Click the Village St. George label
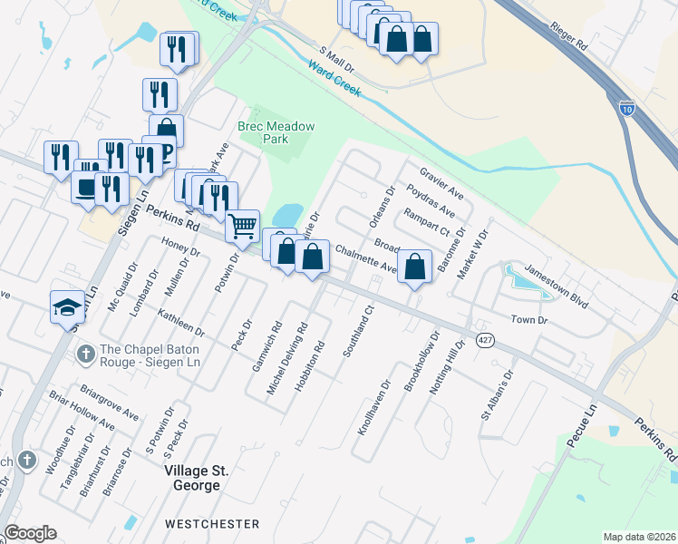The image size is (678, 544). (x=191, y=478)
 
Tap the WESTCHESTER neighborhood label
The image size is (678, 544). (x=213, y=524)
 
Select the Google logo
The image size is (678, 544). (x=30, y=533)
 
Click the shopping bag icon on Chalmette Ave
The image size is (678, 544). (x=414, y=267)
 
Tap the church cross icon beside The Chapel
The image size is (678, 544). (x=84, y=353)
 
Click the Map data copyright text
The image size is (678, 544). (x=639, y=537)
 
